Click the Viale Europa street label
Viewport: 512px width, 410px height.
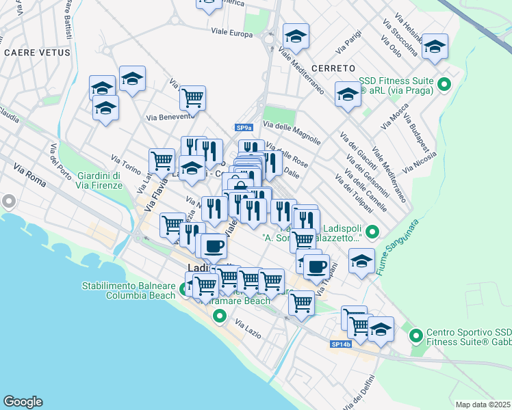pos(232,32)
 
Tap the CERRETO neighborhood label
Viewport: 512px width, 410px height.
pos(333,68)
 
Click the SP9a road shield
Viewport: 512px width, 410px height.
pos(244,128)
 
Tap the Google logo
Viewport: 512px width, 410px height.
pos(23,402)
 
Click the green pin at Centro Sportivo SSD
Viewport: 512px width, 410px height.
pos(415,336)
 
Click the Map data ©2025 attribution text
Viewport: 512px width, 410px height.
pos(483,405)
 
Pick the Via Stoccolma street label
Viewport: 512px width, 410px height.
pos(405,33)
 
